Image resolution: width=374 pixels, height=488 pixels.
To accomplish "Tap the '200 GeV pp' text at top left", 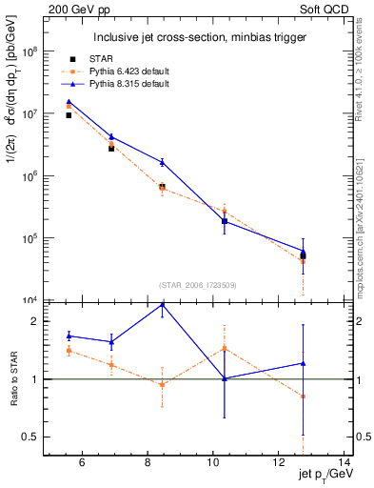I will click(x=74, y=9).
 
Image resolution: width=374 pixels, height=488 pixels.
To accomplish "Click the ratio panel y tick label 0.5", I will click(x=31, y=437).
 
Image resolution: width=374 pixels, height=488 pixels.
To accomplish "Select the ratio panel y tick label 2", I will click(x=36, y=321).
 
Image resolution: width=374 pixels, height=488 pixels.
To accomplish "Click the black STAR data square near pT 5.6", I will click(x=69, y=115).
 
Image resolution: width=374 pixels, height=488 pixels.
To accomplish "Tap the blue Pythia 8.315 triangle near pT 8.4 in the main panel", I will click(x=162, y=162).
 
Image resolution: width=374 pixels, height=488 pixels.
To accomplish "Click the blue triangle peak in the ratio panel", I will click(x=162, y=304).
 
